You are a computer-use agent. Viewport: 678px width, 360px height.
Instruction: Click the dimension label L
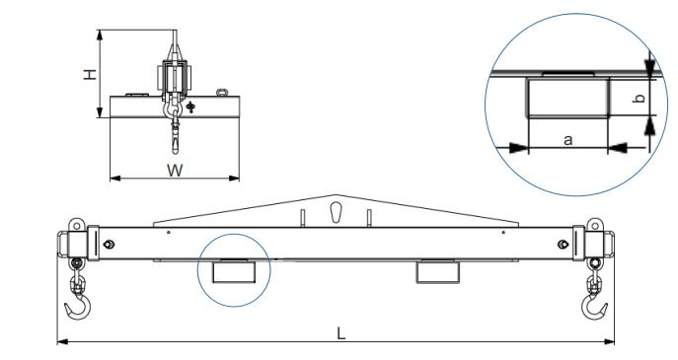point(341,333)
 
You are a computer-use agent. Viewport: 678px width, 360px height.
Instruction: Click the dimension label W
point(175,171)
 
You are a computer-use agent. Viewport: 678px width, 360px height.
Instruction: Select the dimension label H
point(90,74)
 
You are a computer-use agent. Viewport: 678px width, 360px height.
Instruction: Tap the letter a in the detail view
point(568,140)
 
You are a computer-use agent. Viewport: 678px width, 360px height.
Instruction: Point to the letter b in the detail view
point(639,98)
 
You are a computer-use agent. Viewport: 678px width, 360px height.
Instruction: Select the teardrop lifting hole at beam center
point(336,213)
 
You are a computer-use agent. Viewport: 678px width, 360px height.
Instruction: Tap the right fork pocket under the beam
point(437,272)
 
